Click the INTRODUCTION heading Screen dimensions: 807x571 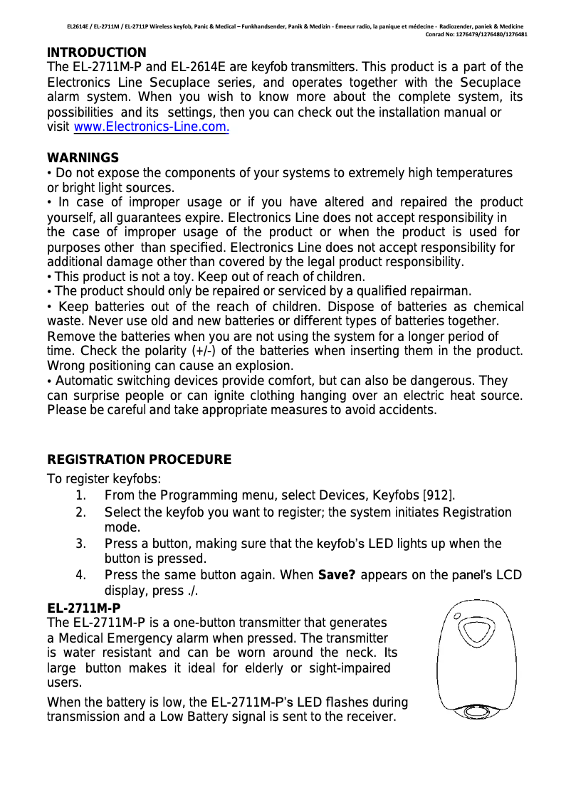click(x=96, y=53)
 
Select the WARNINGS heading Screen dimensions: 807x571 click(x=83, y=158)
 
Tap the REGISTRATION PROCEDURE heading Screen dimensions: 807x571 click(x=139, y=460)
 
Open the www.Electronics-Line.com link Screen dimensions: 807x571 click(x=150, y=128)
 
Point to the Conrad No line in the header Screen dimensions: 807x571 click(x=476, y=34)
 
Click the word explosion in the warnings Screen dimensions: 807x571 click(x=246, y=366)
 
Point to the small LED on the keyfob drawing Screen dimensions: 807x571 click(x=459, y=617)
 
